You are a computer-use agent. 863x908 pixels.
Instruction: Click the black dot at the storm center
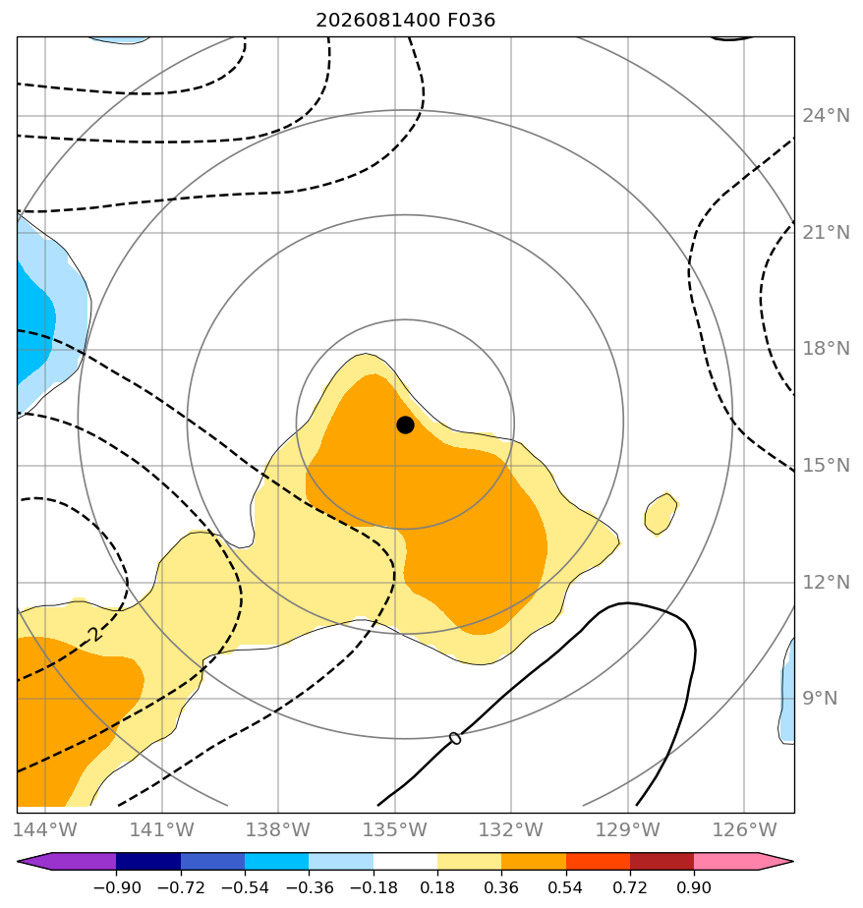(405, 426)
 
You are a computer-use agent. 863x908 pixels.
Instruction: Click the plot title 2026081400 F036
(405, 21)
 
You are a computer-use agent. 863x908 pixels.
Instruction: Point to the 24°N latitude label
(826, 116)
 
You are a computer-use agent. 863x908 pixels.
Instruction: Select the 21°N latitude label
(826, 233)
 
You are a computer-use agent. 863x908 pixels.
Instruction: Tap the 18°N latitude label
(826, 349)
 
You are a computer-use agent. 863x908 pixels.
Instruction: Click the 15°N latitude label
(826, 465)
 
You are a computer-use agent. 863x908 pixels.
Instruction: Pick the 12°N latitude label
(826, 582)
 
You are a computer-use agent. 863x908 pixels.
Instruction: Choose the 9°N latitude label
(820, 699)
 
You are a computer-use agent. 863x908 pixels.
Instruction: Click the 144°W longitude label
(45, 829)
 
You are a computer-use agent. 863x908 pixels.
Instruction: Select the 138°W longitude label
(278, 829)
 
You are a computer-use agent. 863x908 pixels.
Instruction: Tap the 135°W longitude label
(395, 829)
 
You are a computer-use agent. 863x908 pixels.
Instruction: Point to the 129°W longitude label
(628, 829)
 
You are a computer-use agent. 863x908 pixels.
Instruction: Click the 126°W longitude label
(744, 829)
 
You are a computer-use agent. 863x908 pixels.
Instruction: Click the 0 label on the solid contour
(455, 738)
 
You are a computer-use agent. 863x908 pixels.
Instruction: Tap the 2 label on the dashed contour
(95, 634)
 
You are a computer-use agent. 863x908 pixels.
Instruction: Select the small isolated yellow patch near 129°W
(661, 514)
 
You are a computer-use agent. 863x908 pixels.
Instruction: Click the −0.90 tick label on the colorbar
(117, 887)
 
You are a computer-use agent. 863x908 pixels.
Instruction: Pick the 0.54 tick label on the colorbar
(565, 887)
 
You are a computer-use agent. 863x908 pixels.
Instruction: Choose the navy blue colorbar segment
(148, 861)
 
